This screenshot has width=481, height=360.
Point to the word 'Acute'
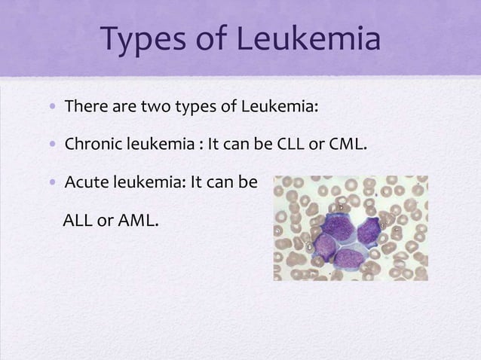tap(86, 182)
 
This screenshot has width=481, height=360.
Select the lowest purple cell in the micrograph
tap(350, 258)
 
